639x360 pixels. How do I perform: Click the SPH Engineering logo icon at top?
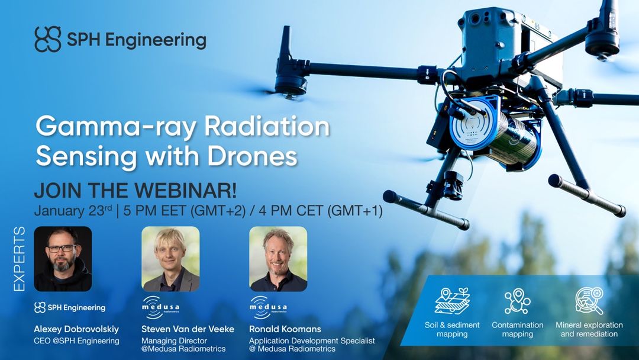[48, 40]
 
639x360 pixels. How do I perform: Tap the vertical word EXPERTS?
[19, 259]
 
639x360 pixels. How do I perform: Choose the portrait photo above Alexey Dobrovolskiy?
[63, 259]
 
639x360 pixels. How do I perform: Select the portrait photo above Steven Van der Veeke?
[170, 259]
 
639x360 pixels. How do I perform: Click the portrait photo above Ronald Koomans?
[278, 259]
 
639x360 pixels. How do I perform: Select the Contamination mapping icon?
[517, 301]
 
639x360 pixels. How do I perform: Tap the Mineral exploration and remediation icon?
[589, 301]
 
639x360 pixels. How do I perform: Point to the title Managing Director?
[175, 340]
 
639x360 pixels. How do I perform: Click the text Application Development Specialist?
[312, 340]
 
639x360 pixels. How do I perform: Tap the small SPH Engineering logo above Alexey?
[70, 307]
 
